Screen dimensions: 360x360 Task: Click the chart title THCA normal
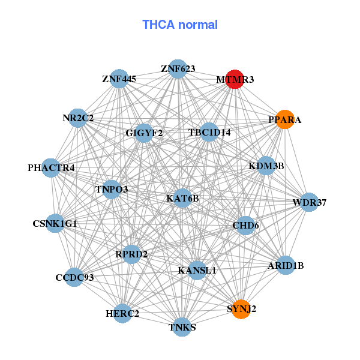(x=179, y=25)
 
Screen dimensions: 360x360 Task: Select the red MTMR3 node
(x=235, y=79)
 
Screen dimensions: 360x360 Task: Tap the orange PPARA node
(x=284, y=119)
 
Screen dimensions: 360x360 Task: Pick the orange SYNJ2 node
(x=241, y=309)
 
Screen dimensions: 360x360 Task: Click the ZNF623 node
(x=177, y=68)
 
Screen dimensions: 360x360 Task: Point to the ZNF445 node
(x=119, y=79)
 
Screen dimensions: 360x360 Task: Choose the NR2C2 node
(x=78, y=118)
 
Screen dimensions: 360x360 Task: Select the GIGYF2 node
(x=143, y=133)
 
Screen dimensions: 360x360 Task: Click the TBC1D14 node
(x=209, y=132)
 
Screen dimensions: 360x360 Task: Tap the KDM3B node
(x=266, y=166)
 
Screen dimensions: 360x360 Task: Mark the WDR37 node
(x=309, y=202)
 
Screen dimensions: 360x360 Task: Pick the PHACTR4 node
(x=52, y=168)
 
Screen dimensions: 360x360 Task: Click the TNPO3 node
(x=112, y=190)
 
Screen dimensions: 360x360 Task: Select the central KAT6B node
(x=182, y=198)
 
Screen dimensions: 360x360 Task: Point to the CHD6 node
(x=245, y=226)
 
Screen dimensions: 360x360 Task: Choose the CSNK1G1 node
(x=55, y=224)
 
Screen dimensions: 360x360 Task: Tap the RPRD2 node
(x=131, y=254)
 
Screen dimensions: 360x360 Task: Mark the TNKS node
(x=182, y=327)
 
